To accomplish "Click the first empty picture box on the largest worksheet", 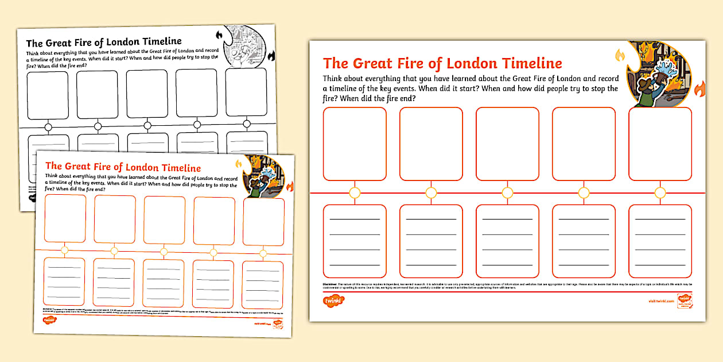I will pyautogui.click(x=355, y=144).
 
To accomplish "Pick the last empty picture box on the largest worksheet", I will pyautogui.click(x=660, y=144).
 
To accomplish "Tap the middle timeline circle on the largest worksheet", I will pyautogui.click(x=507, y=192).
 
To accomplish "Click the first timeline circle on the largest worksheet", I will pyautogui.click(x=355, y=192).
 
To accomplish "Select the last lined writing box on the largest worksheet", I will pyautogui.click(x=660, y=241).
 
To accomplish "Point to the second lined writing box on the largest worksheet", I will pyautogui.click(x=431, y=241).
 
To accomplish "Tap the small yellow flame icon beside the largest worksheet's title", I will pyautogui.click(x=620, y=56).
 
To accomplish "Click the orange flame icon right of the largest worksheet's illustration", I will pyautogui.click(x=699, y=89).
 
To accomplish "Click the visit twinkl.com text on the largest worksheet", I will pyautogui.click(x=660, y=300).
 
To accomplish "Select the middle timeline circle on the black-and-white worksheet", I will pyautogui.click(x=147, y=125).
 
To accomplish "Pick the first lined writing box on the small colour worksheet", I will pyautogui.click(x=64, y=281).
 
